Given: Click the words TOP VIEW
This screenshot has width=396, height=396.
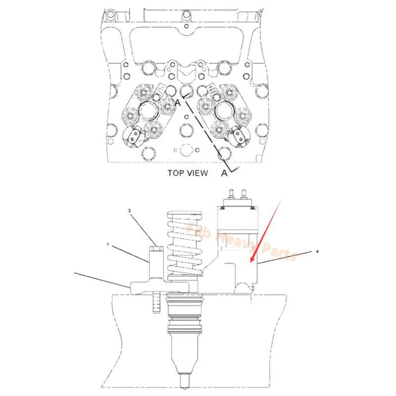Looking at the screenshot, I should coord(188,173).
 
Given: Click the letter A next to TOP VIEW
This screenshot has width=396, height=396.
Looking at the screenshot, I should coord(224,173).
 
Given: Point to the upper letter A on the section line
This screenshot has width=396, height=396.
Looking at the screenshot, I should coord(177,102).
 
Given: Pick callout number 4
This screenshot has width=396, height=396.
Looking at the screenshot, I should coord(317,251).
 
